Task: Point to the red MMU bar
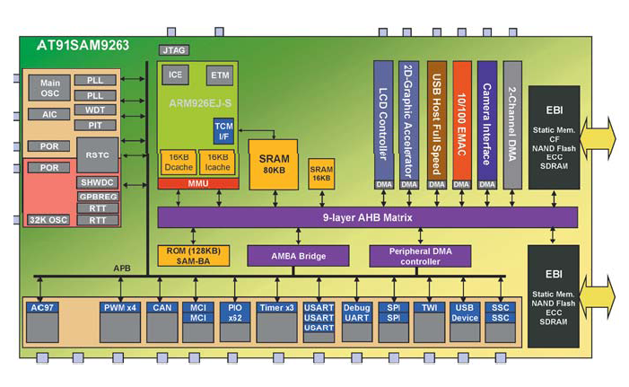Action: [198, 183]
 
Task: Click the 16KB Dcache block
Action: [179, 162]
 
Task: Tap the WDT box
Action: [94, 110]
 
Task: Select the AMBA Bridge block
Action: [286, 256]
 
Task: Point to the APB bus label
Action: [124, 268]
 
